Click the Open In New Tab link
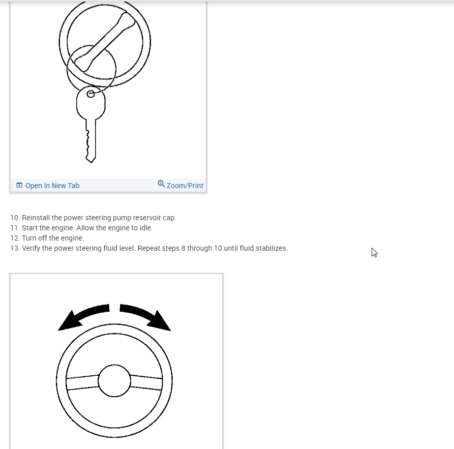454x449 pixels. (52, 186)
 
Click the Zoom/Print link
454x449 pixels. (185, 186)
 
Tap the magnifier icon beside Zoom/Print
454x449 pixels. (161, 184)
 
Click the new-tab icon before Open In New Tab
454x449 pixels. (19, 186)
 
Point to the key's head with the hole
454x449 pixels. (91, 102)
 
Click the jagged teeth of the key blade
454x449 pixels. (88, 142)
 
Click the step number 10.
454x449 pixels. (14, 218)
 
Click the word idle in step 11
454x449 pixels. (145, 228)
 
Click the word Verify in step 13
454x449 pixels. (32, 248)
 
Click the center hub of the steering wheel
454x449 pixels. (114, 381)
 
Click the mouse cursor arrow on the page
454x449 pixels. (374, 252)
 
